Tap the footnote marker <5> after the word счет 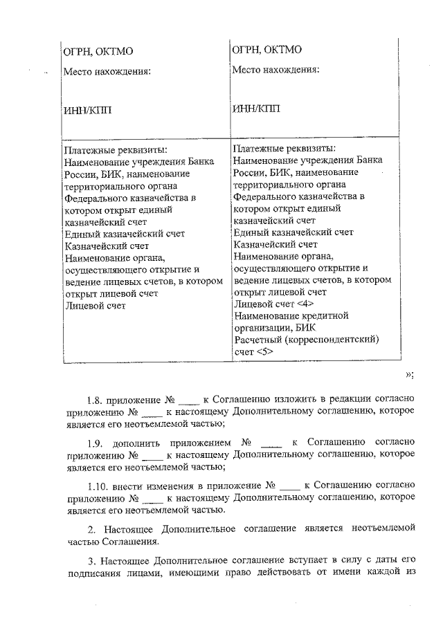click(x=264, y=351)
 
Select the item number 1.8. click(x=98, y=400)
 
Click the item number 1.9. click(x=98, y=441)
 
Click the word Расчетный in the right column click(x=260, y=340)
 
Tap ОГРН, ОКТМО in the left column click(x=98, y=52)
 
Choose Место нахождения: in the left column click(x=107, y=71)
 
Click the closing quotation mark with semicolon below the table click(x=409, y=374)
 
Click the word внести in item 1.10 click(x=135, y=484)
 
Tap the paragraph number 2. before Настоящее click(x=91, y=528)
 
